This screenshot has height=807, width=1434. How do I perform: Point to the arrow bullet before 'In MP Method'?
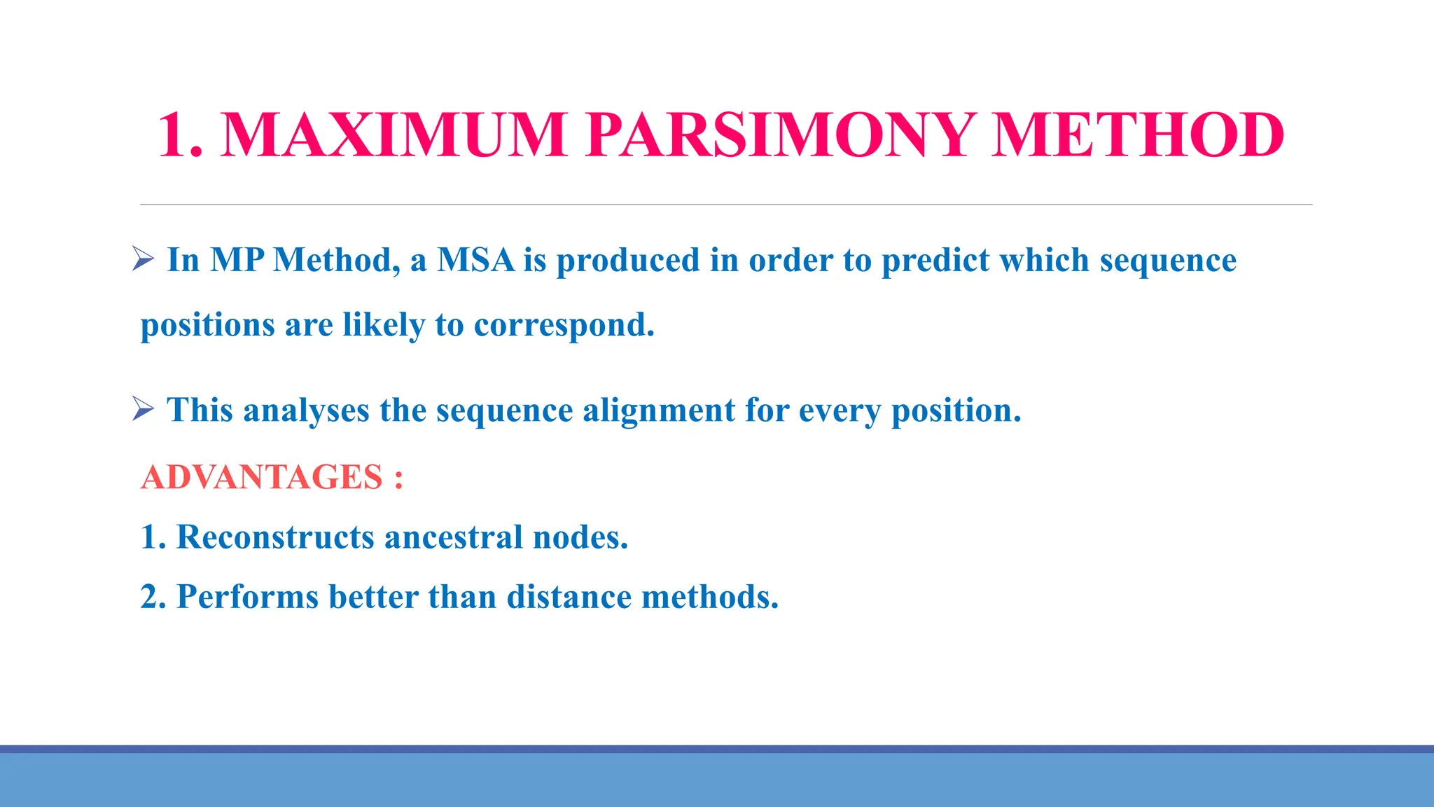tap(143, 259)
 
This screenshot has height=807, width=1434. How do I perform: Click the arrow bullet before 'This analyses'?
tap(143, 409)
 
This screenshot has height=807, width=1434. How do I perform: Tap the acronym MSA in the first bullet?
tap(475, 260)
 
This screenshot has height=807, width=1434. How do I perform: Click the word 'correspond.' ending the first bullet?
tap(564, 325)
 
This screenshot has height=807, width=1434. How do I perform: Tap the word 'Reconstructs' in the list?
tap(275, 537)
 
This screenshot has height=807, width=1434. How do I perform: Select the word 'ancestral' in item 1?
tap(453, 537)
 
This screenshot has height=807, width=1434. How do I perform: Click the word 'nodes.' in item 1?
tap(580, 537)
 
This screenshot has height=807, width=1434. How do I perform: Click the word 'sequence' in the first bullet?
tap(1168, 261)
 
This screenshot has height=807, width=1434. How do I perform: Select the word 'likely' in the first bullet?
tap(384, 325)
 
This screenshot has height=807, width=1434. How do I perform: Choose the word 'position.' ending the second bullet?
tap(956, 410)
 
